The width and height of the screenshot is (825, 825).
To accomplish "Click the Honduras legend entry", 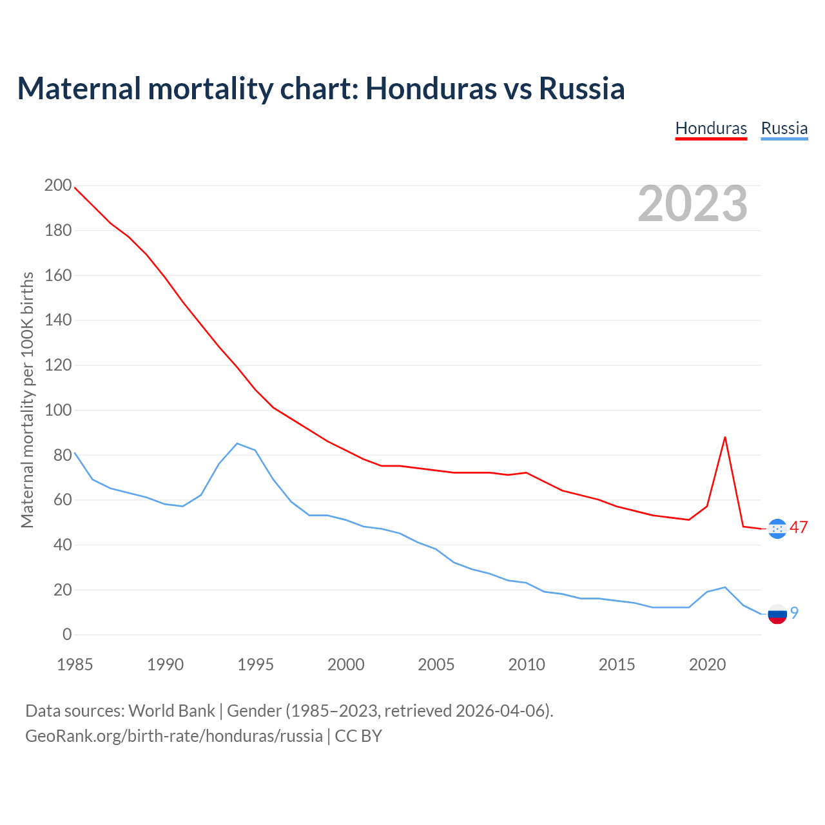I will point(711,128).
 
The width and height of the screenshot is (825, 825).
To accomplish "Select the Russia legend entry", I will point(784,128).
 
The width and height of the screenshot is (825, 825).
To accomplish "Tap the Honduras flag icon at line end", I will point(777,529).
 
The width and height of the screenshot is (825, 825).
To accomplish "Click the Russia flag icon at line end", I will point(777,614).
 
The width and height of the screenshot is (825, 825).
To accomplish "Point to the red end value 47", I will point(799,527).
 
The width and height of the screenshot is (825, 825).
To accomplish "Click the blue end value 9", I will point(795,613).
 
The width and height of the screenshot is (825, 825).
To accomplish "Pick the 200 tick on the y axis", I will point(58,186).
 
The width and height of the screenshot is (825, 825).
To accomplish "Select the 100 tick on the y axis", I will point(58,411).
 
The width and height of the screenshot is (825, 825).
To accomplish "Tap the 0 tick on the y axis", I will point(67,635).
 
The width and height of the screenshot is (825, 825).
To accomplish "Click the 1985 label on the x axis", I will point(75,665).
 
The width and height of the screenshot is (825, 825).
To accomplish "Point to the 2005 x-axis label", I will point(436,665).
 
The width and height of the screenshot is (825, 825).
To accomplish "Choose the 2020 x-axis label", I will point(707,665).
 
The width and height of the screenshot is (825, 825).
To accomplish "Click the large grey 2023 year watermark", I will point(692,204).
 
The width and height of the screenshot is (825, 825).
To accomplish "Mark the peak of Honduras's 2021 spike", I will point(725,437).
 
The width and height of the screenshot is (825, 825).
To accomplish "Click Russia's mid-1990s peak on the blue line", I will point(237,443).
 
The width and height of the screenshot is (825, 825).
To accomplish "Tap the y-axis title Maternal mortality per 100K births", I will point(27,400).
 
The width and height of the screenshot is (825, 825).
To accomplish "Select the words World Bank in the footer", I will point(171,711).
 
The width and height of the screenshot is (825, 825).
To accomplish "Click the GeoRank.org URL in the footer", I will point(174,736).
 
